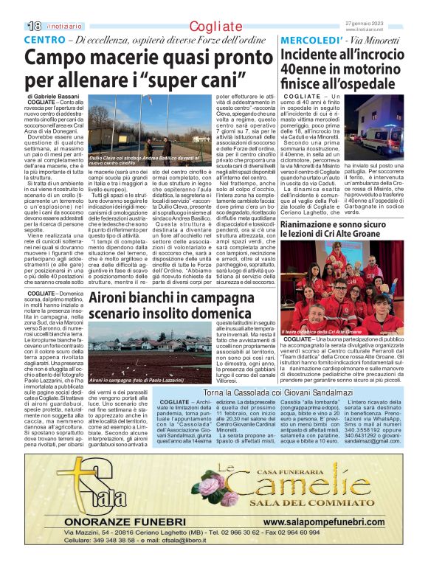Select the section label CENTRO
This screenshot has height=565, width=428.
(x=43, y=39)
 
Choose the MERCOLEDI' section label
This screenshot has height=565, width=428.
(x=308, y=40)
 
